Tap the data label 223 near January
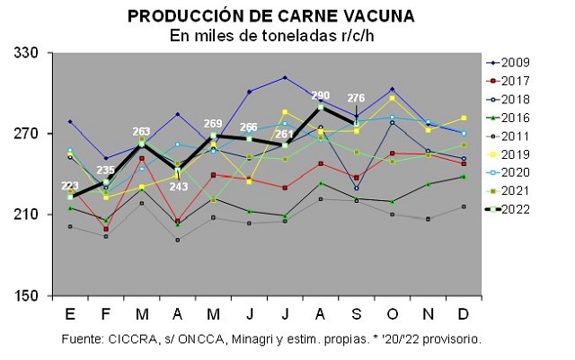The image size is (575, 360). (x=69, y=186)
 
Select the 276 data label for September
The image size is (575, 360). (x=357, y=98)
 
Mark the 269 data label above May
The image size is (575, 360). (x=214, y=124)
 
